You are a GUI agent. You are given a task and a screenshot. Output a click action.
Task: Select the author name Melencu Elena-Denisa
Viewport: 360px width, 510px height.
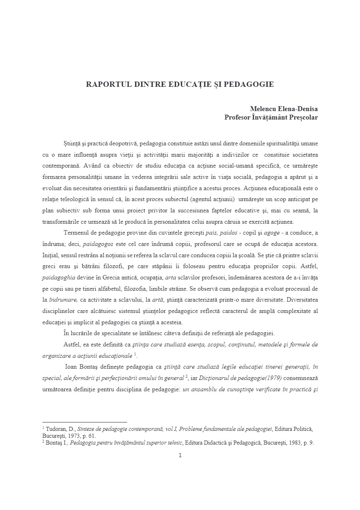coord(284,109)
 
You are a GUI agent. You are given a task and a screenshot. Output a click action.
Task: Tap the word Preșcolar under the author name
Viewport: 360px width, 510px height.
coord(302,118)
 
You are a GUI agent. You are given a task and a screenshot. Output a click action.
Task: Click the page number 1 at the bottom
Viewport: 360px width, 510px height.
coord(180,455)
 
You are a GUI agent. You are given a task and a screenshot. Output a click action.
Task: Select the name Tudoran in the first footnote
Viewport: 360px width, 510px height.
coord(56,429)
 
